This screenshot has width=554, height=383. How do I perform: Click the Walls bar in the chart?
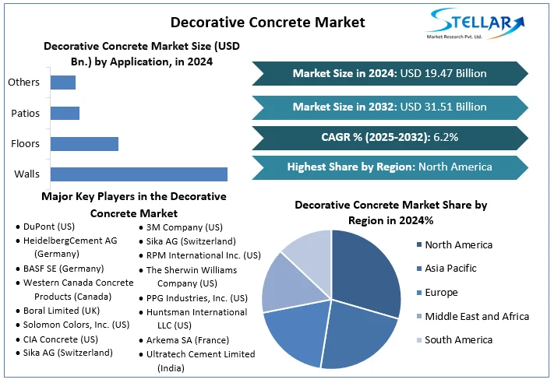pos(139,174)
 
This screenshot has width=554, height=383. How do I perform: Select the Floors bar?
pos(84,144)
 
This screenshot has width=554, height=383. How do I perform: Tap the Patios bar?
pos(65,114)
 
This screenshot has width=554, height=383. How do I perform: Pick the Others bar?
pos(63,83)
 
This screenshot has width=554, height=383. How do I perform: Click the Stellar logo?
pos(475,24)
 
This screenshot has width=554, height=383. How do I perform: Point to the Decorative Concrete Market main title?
pos(268,23)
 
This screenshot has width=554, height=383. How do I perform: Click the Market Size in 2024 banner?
pos(390,73)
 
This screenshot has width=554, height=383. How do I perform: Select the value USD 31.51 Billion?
pos(443,107)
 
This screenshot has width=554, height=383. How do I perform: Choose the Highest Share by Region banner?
pos(390,167)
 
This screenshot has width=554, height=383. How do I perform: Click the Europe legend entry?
pos(437,293)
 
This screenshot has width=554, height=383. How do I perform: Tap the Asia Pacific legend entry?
pos(446,269)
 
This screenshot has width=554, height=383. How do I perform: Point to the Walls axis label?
pos(26,174)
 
